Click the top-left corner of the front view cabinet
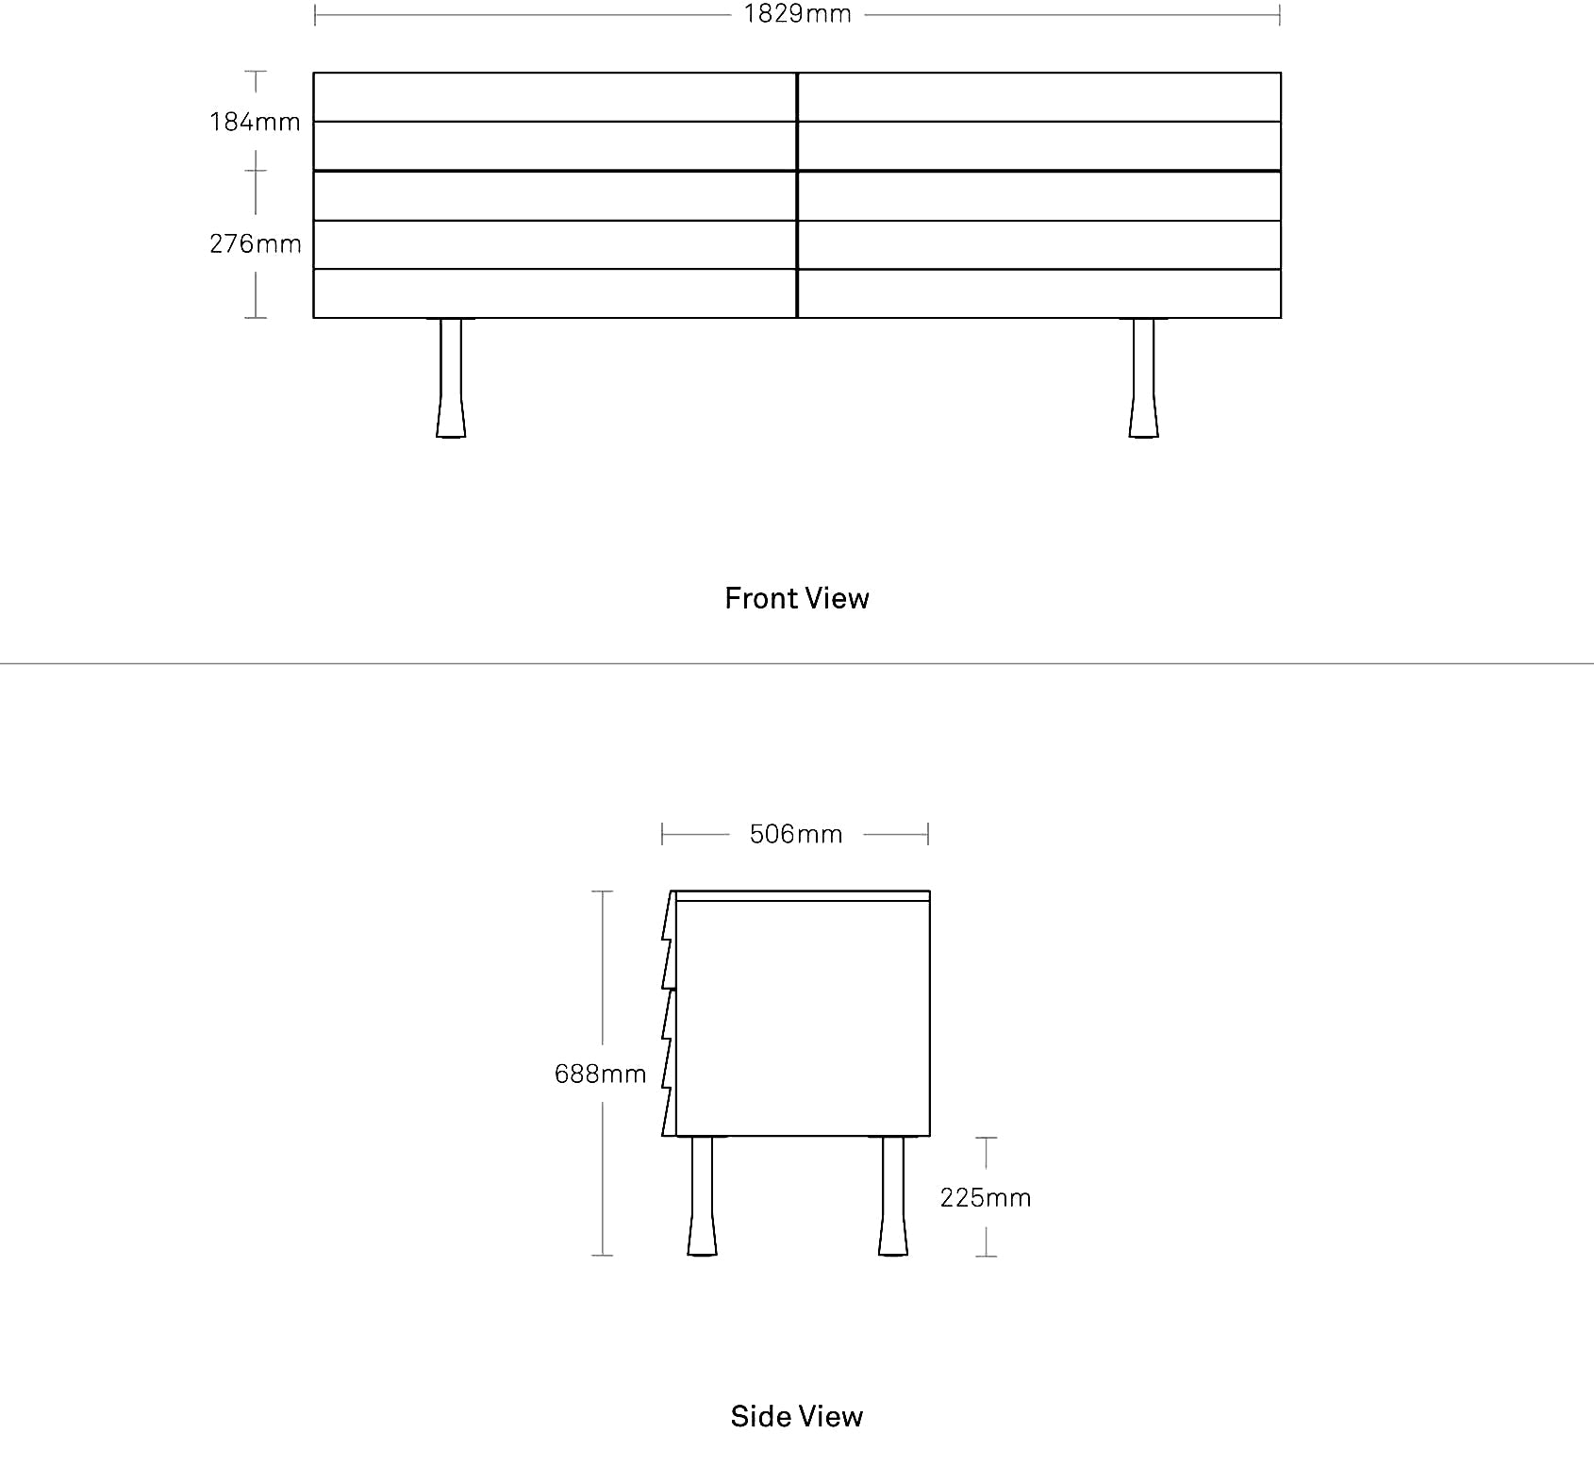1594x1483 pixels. point(314,73)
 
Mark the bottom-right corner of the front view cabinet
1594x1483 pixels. point(1281,318)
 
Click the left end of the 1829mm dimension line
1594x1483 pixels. point(315,15)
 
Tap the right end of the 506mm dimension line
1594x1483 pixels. point(928,834)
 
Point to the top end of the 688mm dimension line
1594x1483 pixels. point(603,891)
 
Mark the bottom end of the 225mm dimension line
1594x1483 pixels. point(986,1256)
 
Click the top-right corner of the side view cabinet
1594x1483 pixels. point(930,891)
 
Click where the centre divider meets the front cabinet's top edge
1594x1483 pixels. point(797,73)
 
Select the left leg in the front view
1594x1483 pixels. point(451,377)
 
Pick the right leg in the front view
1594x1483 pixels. point(1143,377)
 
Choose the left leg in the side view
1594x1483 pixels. point(702,1196)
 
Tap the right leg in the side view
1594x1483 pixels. point(893,1196)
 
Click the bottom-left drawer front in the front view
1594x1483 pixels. point(556,293)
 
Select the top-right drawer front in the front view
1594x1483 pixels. point(1039,97)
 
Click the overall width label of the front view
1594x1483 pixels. point(798,14)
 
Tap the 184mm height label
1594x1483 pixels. point(255,122)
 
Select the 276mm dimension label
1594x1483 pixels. point(256,243)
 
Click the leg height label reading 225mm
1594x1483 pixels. point(986,1197)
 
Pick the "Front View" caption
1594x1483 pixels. point(797,598)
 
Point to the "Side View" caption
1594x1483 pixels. point(797,1416)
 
